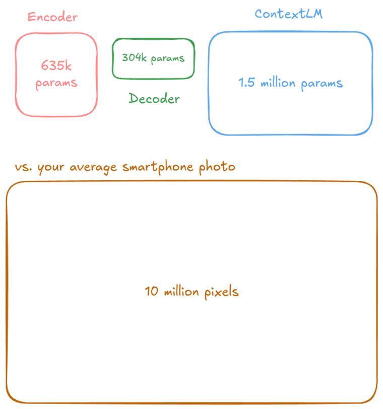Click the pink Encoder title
(x=52, y=17)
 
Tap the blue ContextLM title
(x=289, y=14)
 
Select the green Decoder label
(x=154, y=98)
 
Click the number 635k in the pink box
(x=56, y=65)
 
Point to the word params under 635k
(x=56, y=84)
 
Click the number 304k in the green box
(x=135, y=57)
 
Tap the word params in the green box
(x=168, y=59)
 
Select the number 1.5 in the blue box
(x=246, y=82)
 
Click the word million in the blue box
(x=278, y=83)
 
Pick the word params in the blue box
(x=322, y=84)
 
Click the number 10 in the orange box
(x=152, y=291)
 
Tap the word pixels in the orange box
(x=222, y=292)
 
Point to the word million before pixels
(x=181, y=292)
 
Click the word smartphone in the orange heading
(x=158, y=167)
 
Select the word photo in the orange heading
(x=217, y=166)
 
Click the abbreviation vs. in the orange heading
(x=24, y=167)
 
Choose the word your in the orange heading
(x=51, y=168)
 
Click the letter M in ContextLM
(x=317, y=14)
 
